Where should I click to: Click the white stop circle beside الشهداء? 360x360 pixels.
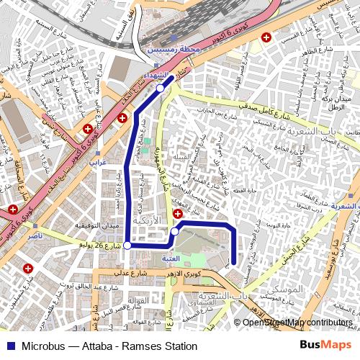click(160, 88)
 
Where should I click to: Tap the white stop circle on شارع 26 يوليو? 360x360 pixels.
click(127, 246)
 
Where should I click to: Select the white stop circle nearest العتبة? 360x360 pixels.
click(175, 232)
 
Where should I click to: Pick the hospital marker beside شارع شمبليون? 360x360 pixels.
click(28, 269)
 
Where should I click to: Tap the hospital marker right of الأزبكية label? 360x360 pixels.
click(178, 215)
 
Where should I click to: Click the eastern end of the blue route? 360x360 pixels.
click(235, 264)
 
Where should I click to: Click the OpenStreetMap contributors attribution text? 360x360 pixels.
click(299, 323)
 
